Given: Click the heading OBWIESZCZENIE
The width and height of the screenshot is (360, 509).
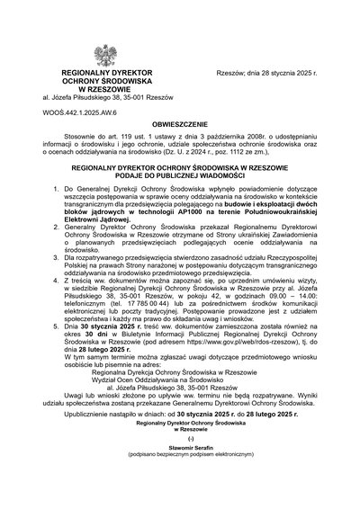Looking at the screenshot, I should (179, 130).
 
